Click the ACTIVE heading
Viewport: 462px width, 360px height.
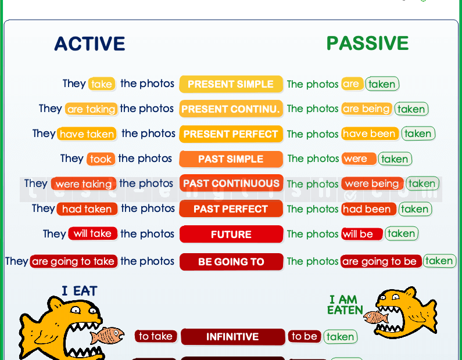89,44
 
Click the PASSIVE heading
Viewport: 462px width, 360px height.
367,43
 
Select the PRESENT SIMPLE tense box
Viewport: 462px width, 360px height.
231,84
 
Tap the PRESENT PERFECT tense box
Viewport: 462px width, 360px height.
231,134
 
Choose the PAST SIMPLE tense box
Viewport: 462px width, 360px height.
231,159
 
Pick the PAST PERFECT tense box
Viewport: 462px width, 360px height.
231,209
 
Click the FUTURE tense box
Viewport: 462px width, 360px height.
231,235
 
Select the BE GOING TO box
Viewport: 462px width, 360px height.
231,262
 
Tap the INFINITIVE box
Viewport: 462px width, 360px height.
232,337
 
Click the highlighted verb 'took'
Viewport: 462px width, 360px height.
101,159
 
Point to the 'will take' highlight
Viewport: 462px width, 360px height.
92,234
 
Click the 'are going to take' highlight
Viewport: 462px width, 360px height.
73,262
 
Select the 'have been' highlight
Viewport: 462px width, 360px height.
370,134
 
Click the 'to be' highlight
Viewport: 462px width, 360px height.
305,336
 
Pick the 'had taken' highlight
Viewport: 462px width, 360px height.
87,209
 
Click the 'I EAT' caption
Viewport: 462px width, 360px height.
79,291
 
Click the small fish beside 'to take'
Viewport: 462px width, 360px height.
107,335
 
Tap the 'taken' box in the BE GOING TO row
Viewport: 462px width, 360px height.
439,261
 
